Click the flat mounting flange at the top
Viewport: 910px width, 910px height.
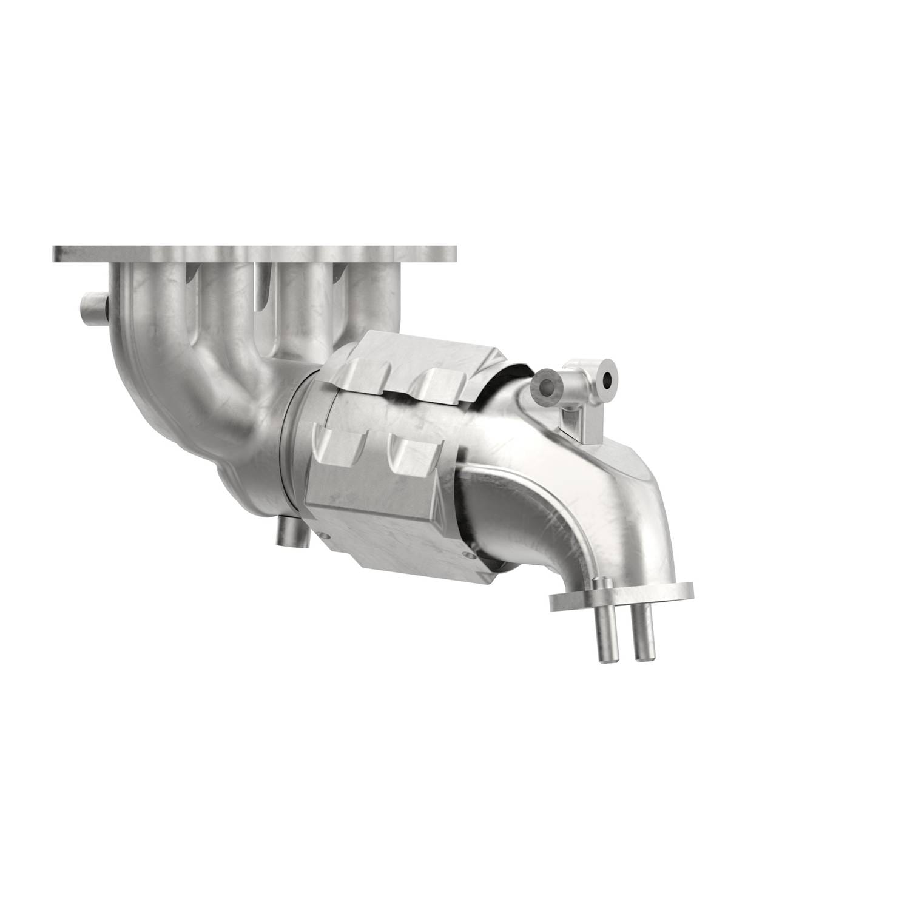click(x=255, y=254)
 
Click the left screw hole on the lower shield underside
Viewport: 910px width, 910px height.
click(x=323, y=536)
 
